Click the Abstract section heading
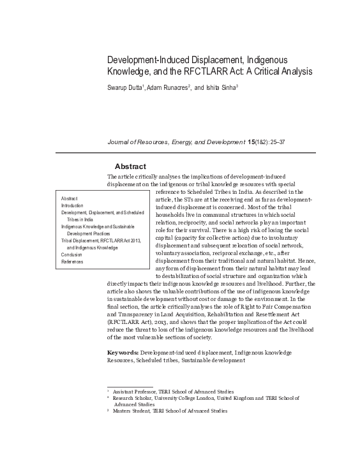click(130, 166)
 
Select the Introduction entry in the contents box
click(72, 205)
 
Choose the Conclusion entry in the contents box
click(71, 254)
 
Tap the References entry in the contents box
click(72, 261)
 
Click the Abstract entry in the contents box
click(69, 198)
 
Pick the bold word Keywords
click(123, 352)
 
